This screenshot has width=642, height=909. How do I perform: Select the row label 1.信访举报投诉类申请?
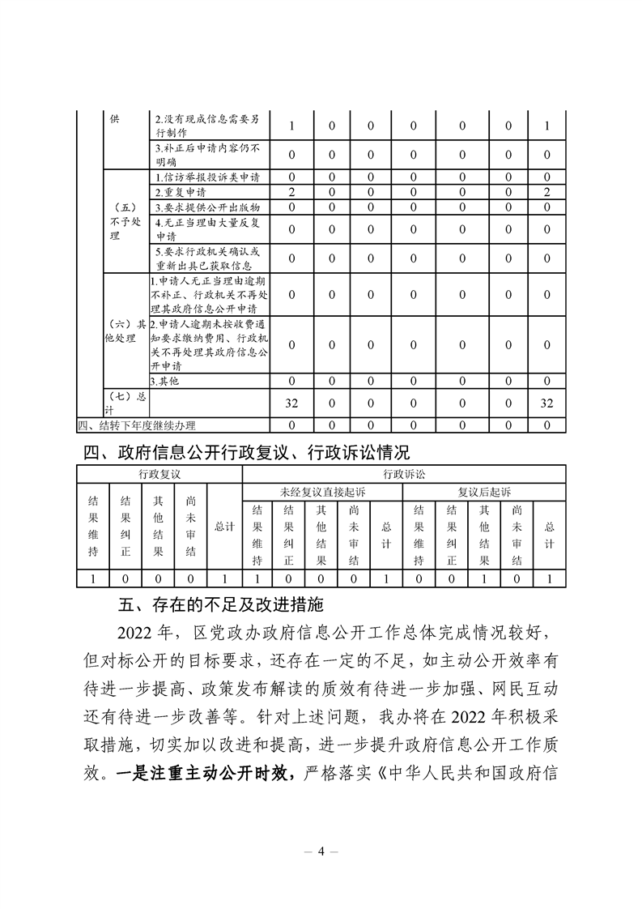207,177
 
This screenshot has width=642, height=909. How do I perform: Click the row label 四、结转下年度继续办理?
137,425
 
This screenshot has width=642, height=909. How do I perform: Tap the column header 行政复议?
159,474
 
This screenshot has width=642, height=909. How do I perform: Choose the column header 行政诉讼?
403,474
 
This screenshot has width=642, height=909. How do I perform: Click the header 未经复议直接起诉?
321,492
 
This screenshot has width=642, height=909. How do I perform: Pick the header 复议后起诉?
484,492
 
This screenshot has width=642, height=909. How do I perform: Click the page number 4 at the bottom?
321,851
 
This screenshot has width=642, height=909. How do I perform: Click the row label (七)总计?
125,403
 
